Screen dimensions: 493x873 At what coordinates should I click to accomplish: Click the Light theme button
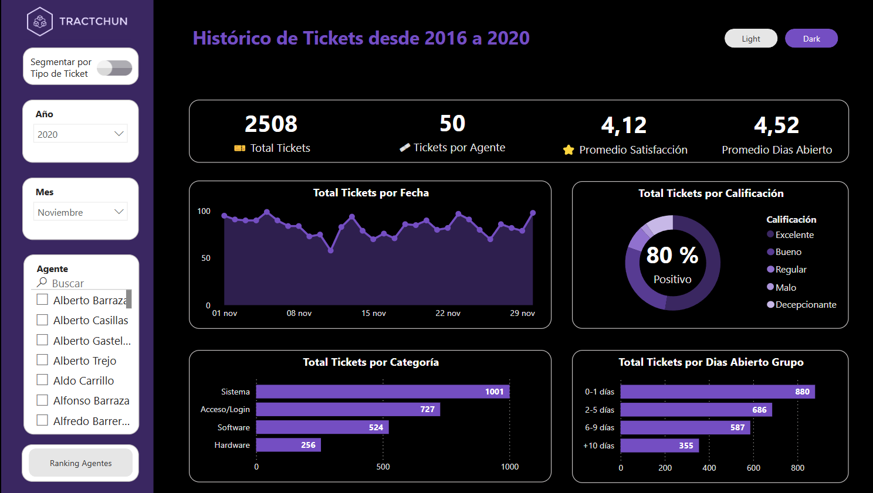750,39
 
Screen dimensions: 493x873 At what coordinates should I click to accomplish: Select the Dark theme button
811,39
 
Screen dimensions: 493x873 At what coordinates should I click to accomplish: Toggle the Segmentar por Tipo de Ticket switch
114,68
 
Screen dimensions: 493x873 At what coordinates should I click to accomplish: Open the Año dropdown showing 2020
80,134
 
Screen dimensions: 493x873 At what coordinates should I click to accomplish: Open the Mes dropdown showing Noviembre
80,212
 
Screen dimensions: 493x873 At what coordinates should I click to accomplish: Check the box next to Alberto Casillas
42,320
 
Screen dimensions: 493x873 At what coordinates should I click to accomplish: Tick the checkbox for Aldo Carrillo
42,380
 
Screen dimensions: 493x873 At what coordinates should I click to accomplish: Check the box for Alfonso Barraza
42,400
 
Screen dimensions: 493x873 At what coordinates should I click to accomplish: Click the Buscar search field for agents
82,283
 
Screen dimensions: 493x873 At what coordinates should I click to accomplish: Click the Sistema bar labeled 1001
383,392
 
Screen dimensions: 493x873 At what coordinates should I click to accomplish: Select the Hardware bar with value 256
288,445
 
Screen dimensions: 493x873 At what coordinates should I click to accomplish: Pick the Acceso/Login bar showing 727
348,409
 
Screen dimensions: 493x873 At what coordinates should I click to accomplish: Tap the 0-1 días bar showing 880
717,392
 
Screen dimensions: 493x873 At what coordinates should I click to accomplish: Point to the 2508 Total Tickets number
271,124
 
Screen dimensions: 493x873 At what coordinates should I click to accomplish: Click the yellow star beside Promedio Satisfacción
569,150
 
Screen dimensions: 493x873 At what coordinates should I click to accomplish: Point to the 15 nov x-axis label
374,314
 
